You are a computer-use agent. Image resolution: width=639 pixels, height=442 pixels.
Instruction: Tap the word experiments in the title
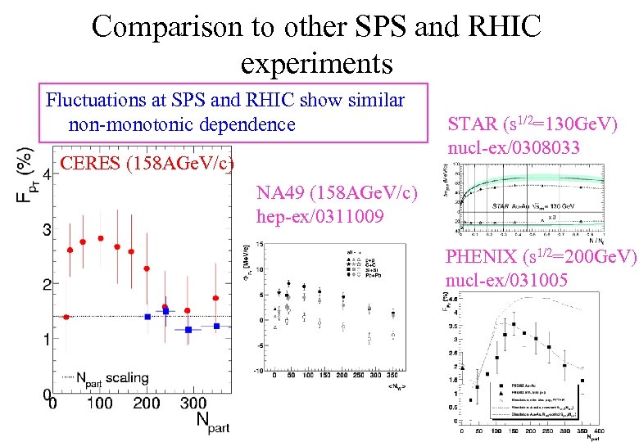(317, 62)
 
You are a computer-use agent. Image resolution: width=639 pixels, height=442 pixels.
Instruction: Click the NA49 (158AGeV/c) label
(337, 193)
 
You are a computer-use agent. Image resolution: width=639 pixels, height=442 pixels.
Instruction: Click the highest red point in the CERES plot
(101, 238)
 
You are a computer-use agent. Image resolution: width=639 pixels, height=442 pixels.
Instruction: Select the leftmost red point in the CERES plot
(66, 317)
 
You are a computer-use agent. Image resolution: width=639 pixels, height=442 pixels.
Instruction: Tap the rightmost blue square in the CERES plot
(217, 326)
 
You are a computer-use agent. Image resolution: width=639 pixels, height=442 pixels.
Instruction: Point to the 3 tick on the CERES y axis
(45, 228)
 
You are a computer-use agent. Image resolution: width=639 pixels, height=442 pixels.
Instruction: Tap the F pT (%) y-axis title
(26, 175)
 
